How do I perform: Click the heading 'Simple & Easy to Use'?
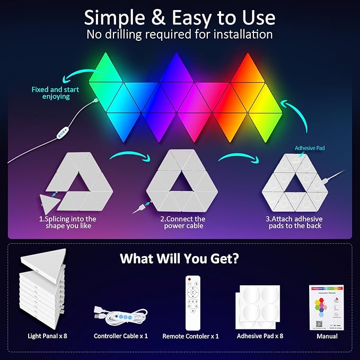point(180,17)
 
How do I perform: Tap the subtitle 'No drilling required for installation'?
point(180,35)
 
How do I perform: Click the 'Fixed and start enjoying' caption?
point(50,93)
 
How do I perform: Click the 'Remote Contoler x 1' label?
point(190,336)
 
